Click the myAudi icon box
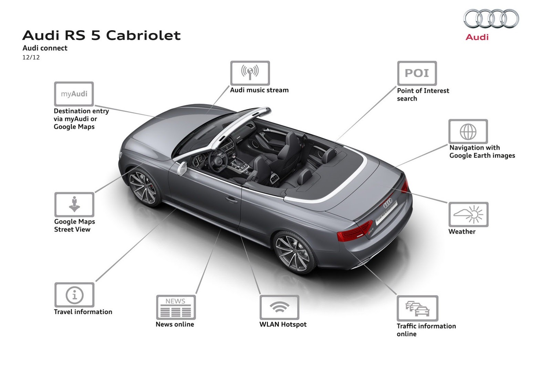point(74,94)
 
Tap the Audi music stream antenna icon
point(250,73)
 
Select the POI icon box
point(417,73)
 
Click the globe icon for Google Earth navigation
point(468,131)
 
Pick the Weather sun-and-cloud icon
point(468,214)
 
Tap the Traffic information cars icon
point(417,308)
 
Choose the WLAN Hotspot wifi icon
point(279,307)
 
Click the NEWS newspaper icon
point(176,307)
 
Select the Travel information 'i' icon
point(74,295)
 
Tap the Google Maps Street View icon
point(74,204)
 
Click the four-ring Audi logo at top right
point(491,19)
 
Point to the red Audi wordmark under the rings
point(477,37)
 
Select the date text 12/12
point(31,57)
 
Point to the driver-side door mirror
point(181,168)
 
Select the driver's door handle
point(231,199)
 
